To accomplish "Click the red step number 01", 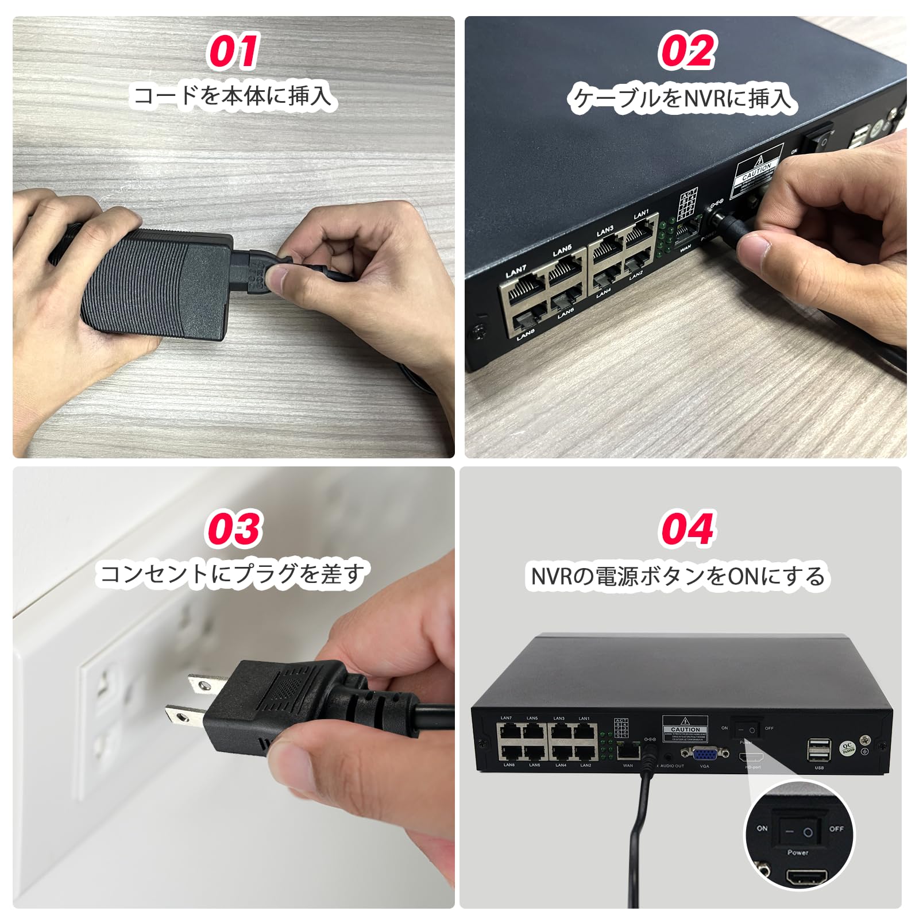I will click(x=233, y=52).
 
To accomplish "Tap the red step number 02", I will click(x=686, y=52).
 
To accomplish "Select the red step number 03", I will click(x=233, y=528).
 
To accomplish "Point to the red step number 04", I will click(x=686, y=528).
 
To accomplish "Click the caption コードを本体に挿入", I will click(x=233, y=95).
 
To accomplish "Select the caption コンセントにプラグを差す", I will click(x=233, y=574).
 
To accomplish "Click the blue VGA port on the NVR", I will click(x=704, y=754).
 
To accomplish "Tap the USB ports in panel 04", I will click(x=818, y=750).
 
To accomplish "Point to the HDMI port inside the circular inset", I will click(x=807, y=877).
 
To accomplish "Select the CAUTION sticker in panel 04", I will click(x=685, y=729).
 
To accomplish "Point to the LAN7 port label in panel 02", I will click(x=515, y=271).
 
